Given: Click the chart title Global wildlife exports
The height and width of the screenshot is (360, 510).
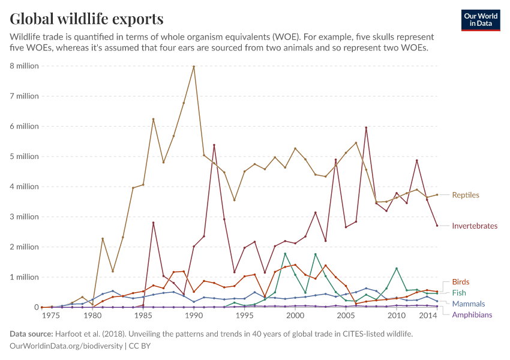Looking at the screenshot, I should pos(86,19).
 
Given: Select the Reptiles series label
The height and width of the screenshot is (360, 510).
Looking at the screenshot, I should pos(465,195).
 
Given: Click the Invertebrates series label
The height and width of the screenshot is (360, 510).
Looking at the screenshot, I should pos(475,226).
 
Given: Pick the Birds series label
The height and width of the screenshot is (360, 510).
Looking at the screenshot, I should pos(460,282).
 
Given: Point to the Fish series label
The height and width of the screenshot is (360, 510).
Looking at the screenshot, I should pos(458,293).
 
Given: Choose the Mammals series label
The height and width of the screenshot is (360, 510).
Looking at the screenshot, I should pos(468,304).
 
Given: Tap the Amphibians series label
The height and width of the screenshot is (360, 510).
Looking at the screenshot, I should pos(472,315).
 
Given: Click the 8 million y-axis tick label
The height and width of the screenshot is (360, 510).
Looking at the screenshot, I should pos(24,66).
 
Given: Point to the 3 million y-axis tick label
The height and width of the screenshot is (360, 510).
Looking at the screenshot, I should pos(24,217).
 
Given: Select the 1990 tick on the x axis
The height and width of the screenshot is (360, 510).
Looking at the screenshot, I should pos(194,315).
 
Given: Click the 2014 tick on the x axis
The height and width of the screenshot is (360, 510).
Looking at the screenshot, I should pos(427,315).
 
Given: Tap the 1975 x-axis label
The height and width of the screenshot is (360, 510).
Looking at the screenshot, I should pos(51,315).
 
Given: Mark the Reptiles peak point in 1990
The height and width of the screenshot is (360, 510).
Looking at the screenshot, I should pos(194,67).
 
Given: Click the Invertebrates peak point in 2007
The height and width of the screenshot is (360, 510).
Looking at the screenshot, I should pos(366,127).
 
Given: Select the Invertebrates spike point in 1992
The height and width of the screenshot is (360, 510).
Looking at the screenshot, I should pos(214,145).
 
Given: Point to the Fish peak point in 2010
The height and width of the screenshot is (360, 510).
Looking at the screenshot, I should pos(397,268).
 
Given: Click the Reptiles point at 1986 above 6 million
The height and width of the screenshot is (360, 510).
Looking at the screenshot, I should pos(153,119).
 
